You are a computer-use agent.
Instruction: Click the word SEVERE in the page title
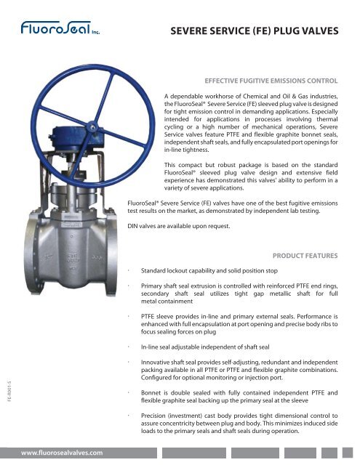tap(188, 32)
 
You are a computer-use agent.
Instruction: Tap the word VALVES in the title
tap(324, 32)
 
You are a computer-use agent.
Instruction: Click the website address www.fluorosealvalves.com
tap(62, 452)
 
